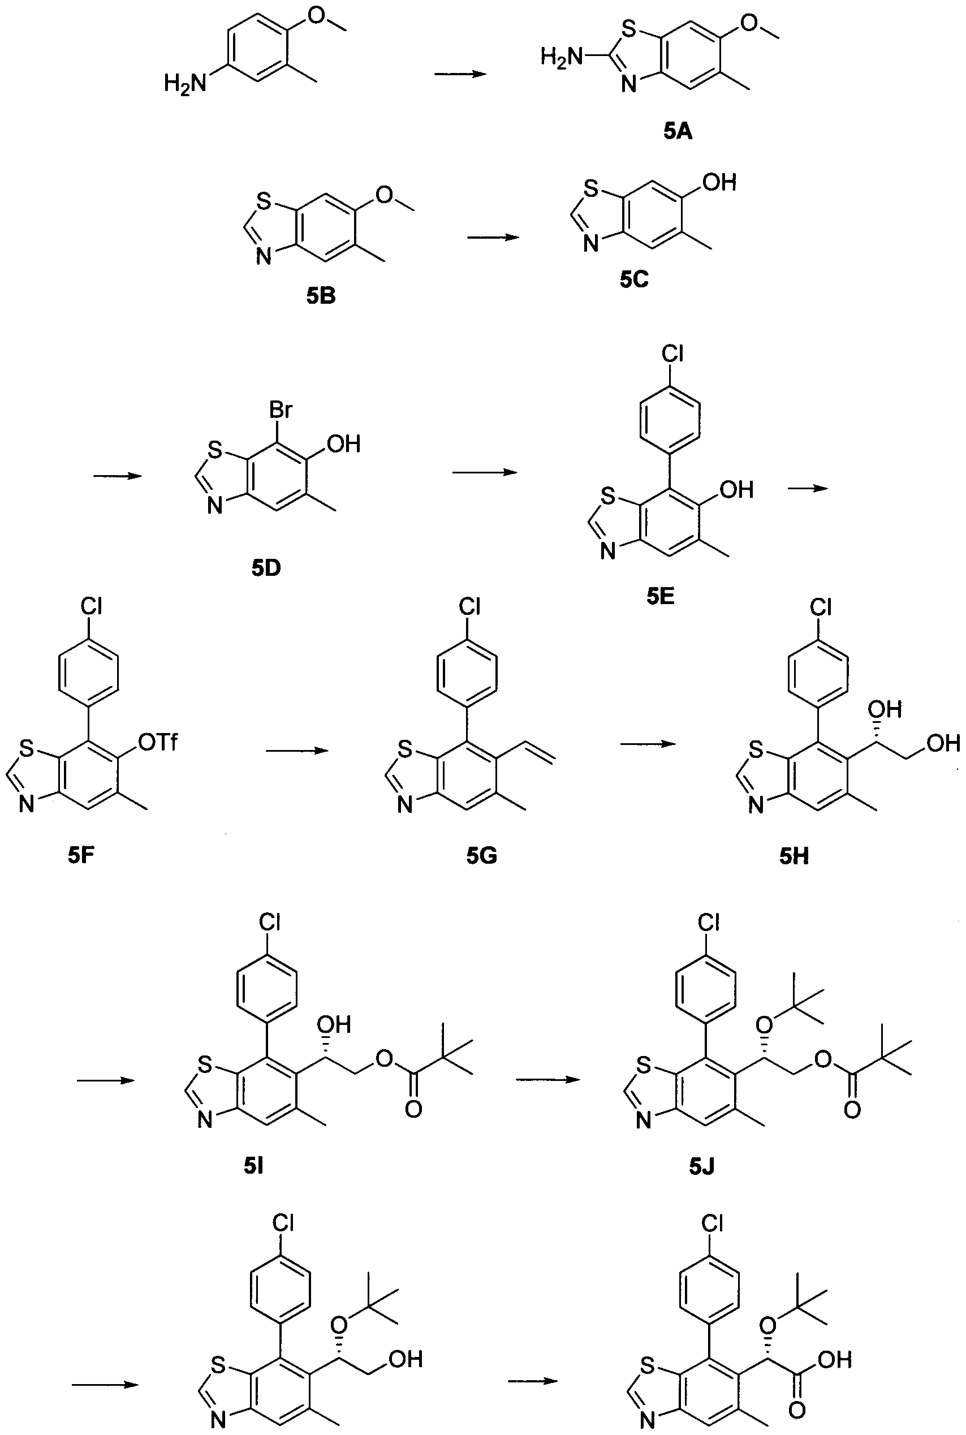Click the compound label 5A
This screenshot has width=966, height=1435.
point(678,131)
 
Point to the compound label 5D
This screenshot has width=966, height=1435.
point(266,568)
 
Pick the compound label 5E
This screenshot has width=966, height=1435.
point(661,596)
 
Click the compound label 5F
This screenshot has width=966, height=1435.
point(81,856)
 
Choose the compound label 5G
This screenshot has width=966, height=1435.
point(482,856)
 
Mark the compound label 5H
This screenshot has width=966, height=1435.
point(794,856)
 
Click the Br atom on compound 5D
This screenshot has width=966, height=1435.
point(281,409)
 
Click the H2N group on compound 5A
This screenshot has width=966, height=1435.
point(561,58)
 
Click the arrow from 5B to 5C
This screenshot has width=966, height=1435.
point(494,237)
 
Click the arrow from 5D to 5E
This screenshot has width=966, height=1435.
point(484,472)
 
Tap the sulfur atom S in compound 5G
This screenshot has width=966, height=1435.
point(405,749)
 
